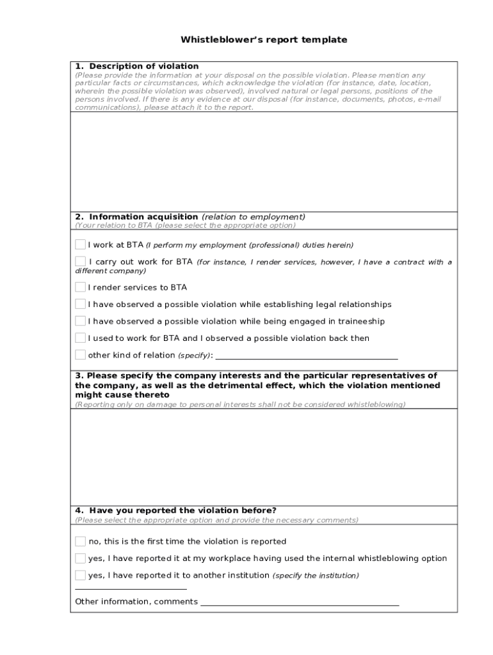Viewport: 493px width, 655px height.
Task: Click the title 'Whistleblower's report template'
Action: tap(264, 40)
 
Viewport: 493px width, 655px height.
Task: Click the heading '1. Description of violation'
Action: tap(137, 66)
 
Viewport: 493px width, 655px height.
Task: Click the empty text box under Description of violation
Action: tap(264, 161)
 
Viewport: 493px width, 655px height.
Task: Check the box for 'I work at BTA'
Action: tap(80, 244)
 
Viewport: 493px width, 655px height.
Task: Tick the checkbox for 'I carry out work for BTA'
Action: tap(80, 261)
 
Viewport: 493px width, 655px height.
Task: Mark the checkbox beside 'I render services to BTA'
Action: tap(80, 287)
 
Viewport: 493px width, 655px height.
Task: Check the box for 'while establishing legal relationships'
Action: tap(80, 304)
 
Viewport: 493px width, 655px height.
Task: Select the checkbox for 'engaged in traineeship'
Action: tap(80, 321)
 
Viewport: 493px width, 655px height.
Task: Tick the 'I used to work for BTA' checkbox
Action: tap(80, 338)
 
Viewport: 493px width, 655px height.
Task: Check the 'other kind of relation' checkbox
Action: tap(80, 354)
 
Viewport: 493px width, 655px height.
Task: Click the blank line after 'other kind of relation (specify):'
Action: tap(307, 357)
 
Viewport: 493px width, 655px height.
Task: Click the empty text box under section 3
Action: tap(264, 457)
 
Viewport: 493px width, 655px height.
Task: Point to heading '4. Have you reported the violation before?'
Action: tap(176, 510)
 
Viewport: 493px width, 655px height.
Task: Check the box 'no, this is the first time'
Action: tap(80, 541)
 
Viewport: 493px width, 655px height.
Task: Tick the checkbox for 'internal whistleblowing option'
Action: tap(80, 558)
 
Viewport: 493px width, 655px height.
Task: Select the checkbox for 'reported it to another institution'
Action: tap(80, 575)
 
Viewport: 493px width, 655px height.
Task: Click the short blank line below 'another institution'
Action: tap(131, 588)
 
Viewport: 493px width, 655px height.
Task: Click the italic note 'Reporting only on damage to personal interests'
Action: tap(240, 404)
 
